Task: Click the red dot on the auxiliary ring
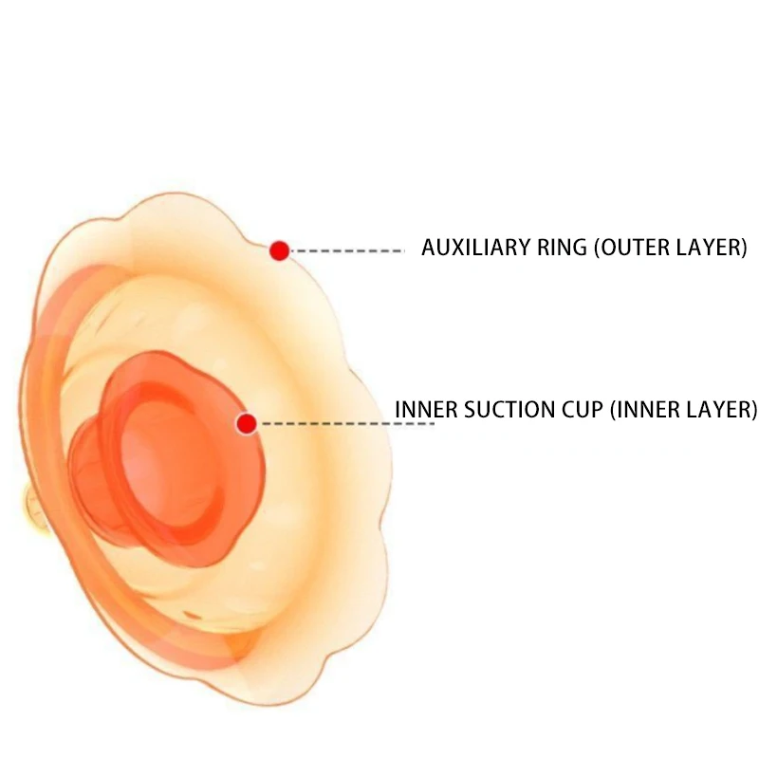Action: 279,250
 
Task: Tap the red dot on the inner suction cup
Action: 247,423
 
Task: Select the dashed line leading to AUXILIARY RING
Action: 347,250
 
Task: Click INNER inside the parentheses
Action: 646,410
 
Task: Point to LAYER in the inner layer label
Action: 718,410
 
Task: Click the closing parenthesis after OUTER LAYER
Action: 745,249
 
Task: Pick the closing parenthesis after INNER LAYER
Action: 753,410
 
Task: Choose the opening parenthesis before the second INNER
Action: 614,410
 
